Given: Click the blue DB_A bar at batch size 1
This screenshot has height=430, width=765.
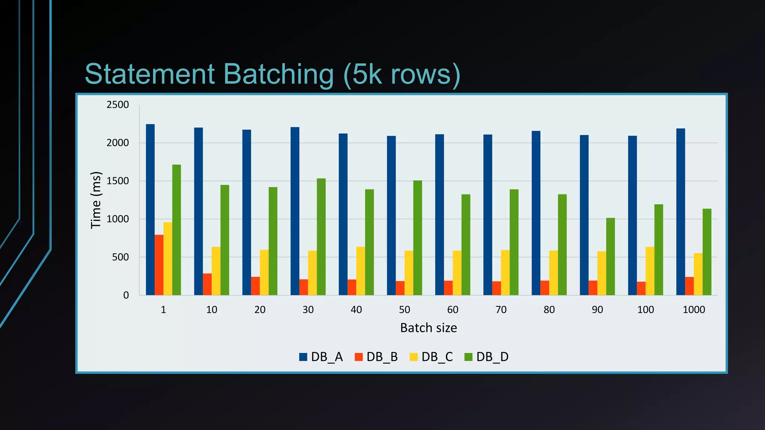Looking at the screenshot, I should (150, 209).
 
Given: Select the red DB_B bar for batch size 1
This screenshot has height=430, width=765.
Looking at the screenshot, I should (159, 265).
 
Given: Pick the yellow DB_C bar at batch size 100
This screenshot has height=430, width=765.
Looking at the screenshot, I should (650, 271).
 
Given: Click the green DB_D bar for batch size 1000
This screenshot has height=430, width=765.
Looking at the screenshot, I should (707, 252).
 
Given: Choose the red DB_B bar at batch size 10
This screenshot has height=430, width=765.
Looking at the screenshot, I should (207, 284).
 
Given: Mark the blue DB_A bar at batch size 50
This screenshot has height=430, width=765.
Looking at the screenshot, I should (391, 215).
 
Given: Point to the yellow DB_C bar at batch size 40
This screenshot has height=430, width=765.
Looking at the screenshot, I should (360, 271).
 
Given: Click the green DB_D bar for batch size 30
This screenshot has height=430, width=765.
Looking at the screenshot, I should (321, 237).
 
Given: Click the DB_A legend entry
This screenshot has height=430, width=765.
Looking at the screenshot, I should (321, 357).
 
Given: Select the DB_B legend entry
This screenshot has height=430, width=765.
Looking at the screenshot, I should (377, 357).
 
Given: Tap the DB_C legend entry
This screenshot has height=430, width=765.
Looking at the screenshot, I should (431, 357).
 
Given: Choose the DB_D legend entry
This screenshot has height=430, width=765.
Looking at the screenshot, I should (486, 357).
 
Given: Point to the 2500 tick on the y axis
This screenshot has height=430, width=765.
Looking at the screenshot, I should (118, 105).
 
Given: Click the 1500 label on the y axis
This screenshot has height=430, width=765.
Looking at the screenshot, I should (118, 181).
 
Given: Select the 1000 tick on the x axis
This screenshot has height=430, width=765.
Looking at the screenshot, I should (694, 310).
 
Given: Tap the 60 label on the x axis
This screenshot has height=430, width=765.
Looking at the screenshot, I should (453, 310).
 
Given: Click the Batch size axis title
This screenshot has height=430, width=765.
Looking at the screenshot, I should (428, 328).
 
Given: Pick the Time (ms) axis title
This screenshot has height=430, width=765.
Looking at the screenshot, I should (96, 200).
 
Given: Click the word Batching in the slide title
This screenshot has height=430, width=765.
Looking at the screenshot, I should (278, 74).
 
